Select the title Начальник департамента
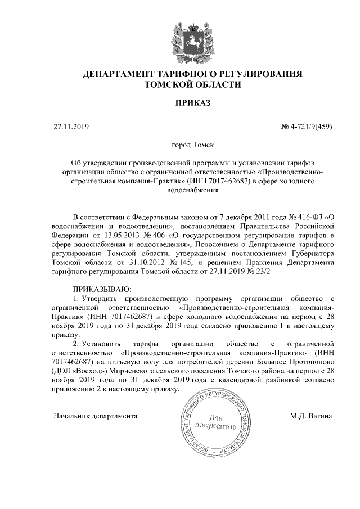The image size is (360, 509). (x=95, y=416)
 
